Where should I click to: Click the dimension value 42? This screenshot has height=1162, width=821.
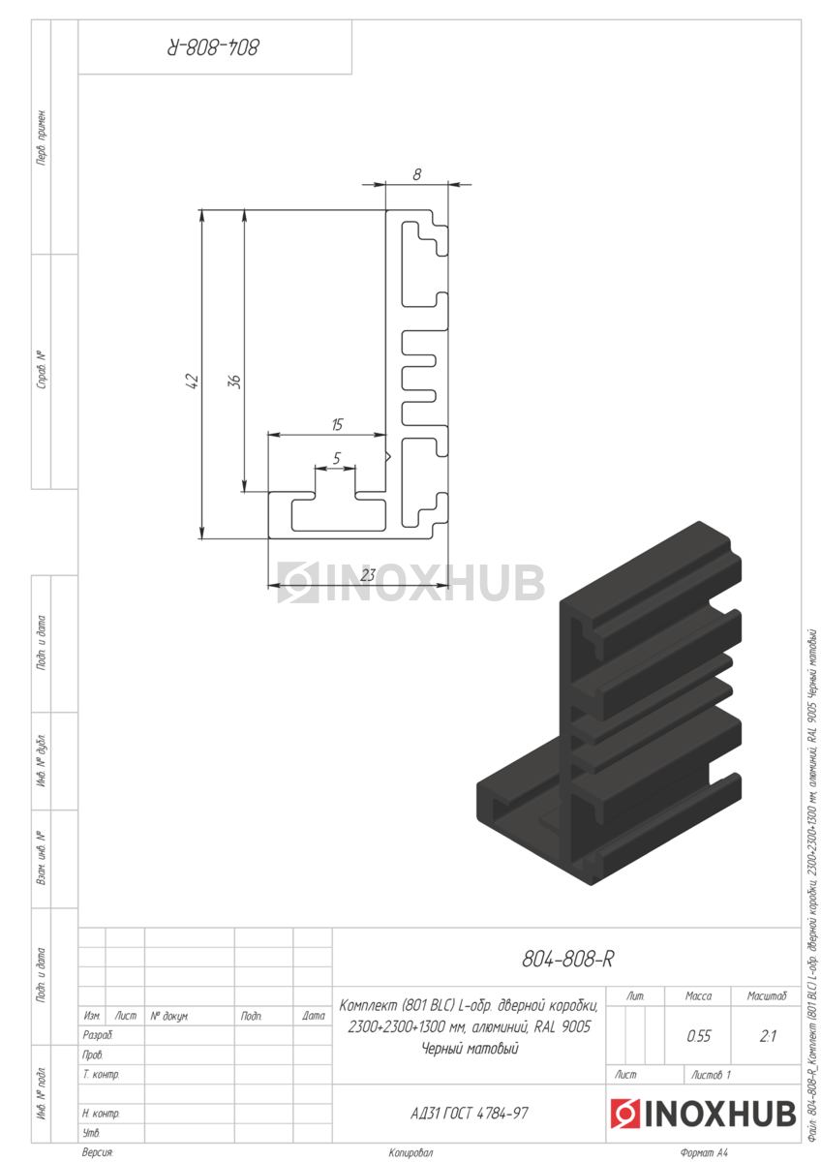pos(193,382)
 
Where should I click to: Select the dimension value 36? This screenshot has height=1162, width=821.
pos(235,382)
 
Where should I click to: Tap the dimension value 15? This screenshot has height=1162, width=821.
pos(337,425)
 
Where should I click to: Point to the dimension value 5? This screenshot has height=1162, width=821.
pos(337,458)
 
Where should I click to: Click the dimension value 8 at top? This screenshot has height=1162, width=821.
pos(417,175)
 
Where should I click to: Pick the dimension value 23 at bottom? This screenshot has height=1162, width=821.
pos(367,575)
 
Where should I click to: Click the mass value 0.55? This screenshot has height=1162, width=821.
pos(698,1036)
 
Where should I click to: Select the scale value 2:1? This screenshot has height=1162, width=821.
pos(767,1036)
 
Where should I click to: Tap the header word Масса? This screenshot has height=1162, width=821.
pos(698,996)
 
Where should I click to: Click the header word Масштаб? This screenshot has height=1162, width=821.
pos(767,996)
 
